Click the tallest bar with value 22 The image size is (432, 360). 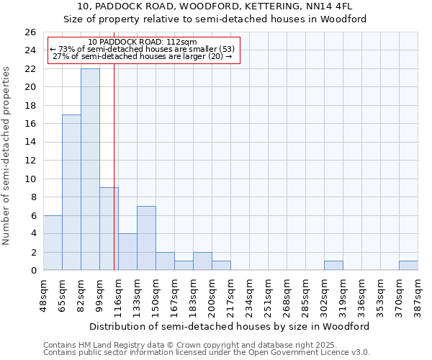(90, 169)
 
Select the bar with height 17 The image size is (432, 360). (71, 192)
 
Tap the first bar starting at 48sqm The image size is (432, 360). (53, 243)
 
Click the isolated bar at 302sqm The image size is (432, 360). (333, 266)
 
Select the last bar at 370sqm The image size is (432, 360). (408, 266)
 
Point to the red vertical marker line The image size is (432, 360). (114, 166)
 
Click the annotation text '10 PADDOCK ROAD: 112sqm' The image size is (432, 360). (142, 42)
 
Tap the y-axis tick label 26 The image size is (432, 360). (30, 32)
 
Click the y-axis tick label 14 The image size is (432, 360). (30, 143)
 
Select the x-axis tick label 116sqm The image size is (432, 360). (119, 294)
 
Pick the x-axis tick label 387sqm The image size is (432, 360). (418, 294)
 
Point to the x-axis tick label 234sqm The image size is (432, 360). (250, 294)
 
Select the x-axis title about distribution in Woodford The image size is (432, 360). (230, 326)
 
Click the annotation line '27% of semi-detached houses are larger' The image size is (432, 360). (142, 57)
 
